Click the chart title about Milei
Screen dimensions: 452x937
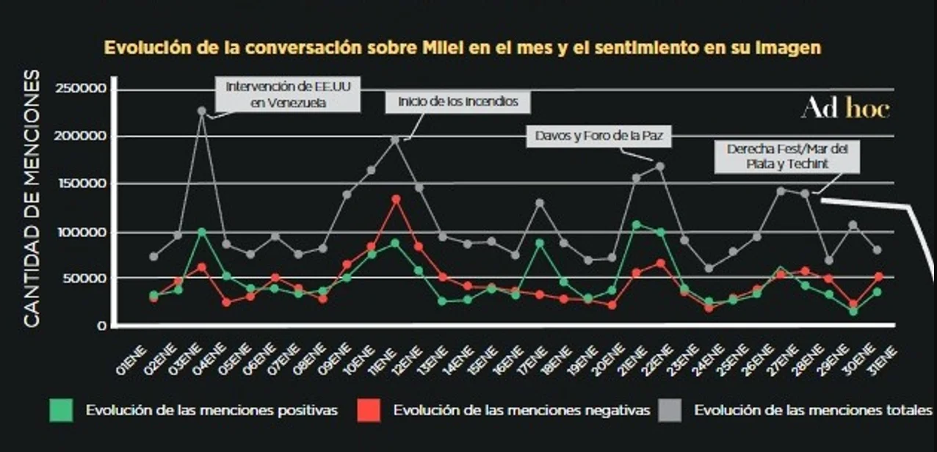click(463, 48)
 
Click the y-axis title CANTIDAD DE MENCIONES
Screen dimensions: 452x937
click(32, 198)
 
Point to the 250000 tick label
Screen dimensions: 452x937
click(82, 89)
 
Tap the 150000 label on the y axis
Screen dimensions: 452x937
click(82, 184)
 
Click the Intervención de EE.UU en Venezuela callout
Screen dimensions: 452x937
click(287, 95)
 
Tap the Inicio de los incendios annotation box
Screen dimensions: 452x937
click(458, 102)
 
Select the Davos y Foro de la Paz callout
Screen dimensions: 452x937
click(599, 135)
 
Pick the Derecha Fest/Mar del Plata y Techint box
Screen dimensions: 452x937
click(786, 156)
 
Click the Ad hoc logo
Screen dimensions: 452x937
click(845, 109)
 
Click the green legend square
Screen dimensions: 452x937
click(61, 410)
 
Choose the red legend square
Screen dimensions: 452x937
click(369, 410)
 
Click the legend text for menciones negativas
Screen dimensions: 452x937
click(521, 410)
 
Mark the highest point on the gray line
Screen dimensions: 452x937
click(202, 111)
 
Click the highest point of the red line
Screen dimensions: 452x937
click(397, 199)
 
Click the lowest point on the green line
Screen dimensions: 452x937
click(853, 311)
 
